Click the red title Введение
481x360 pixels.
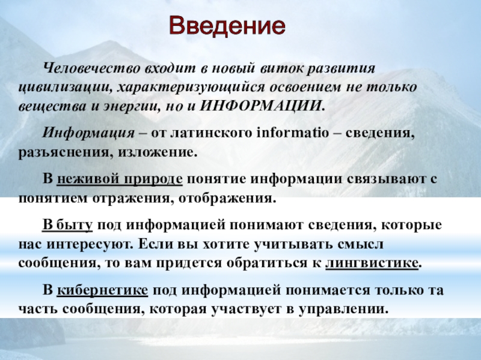[227, 26]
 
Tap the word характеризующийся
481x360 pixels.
[191, 87]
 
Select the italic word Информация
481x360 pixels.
[88, 133]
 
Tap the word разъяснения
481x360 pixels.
[64, 152]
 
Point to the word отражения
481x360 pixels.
[131, 199]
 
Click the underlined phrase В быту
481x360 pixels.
[67, 225]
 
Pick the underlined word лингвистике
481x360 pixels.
[372, 263]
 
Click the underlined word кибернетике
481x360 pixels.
[102, 290]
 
